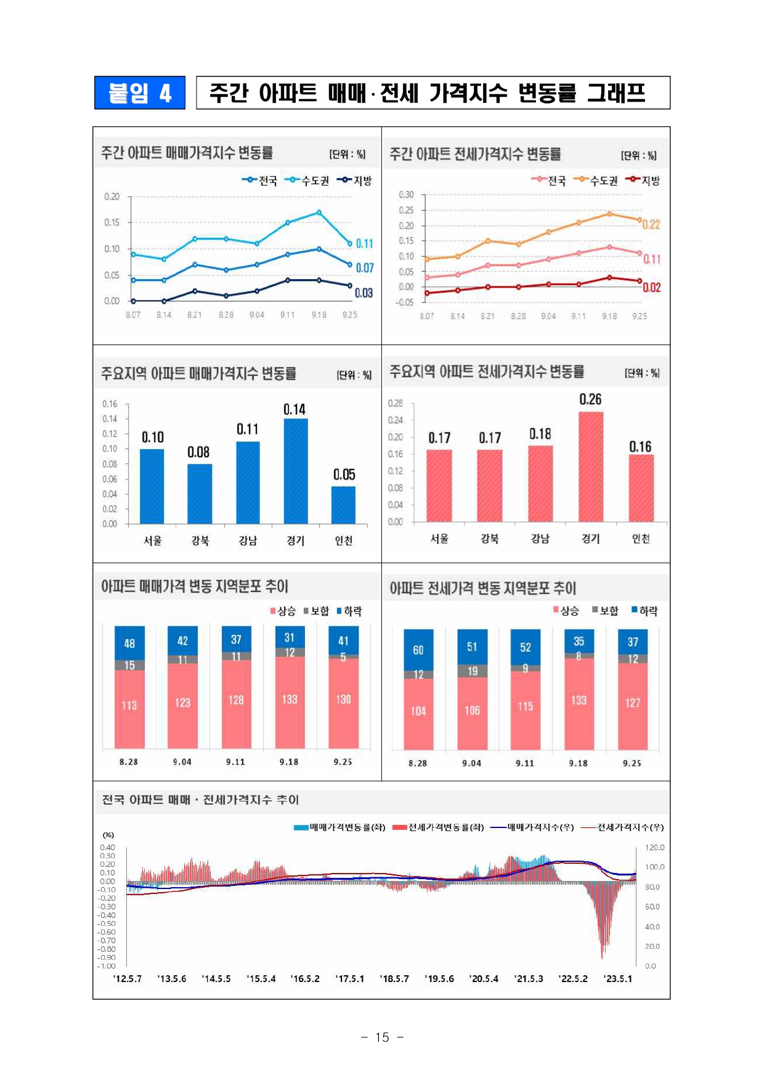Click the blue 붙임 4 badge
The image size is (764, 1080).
click(140, 93)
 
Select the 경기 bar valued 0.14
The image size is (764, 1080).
click(295, 471)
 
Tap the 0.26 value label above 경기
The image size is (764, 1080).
click(590, 399)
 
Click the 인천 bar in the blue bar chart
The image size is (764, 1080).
click(343, 505)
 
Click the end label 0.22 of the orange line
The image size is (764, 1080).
click(651, 225)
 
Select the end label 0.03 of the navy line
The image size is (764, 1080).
click(364, 293)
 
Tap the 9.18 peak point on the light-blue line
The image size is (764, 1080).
click(319, 213)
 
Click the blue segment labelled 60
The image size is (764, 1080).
click(418, 650)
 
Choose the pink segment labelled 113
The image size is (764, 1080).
click(129, 706)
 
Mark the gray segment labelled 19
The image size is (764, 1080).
click(472, 671)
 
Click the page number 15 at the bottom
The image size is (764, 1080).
click(382, 1037)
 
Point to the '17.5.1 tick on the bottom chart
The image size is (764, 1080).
click(349, 979)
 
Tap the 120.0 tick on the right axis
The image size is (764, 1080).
click(654, 848)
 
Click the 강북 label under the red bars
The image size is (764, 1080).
click(489, 539)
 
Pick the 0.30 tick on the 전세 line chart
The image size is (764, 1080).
click(406, 195)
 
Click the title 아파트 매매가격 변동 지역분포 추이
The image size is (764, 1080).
click(195, 586)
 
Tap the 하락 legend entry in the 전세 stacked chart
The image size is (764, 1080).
click(644, 611)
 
